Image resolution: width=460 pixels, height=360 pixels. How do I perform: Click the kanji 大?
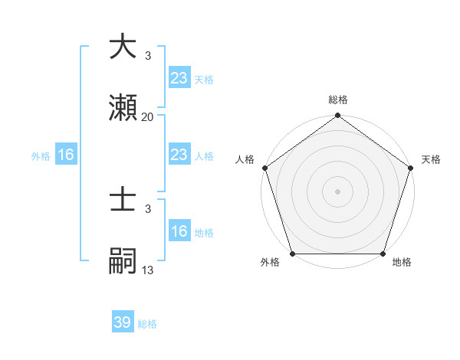(123, 47)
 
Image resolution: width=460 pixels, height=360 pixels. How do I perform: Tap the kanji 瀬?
(123, 107)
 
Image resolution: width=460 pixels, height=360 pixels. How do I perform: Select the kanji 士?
(123, 200)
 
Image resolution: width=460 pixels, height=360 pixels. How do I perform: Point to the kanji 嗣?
(123, 260)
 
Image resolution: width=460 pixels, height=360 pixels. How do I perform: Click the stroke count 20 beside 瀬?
(148, 116)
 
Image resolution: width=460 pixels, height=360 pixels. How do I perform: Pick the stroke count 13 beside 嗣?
(148, 270)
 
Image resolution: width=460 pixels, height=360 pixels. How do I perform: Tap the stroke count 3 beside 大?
(148, 56)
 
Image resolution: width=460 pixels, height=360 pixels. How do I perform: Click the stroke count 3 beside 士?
(148, 208)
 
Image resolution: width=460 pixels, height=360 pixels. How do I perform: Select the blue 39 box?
(123, 322)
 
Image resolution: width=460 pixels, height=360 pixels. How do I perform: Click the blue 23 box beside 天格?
(179, 77)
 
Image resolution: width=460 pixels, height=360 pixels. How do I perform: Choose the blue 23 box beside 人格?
(179, 155)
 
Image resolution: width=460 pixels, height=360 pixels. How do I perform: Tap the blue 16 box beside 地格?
(179, 231)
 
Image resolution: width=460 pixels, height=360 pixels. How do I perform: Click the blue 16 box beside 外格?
(66, 155)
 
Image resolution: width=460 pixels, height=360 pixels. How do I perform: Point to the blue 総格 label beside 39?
(147, 324)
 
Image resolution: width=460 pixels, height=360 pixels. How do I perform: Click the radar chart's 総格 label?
(337, 100)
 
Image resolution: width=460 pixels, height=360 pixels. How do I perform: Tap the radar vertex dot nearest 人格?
(265, 168)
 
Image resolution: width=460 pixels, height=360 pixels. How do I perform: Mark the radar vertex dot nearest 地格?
(383, 254)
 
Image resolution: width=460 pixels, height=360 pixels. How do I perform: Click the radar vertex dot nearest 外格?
(293, 254)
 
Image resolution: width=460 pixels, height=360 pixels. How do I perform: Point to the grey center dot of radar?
(337, 191)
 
